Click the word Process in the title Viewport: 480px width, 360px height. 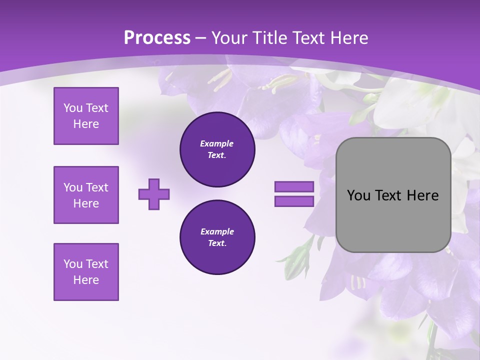pyautogui.click(x=157, y=38)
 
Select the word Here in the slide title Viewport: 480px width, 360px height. pyautogui.click(x=346, y=38)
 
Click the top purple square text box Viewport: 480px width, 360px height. pyautogui.click(x=86, y=116)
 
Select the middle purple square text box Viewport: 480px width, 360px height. pyautogui.click(x=86, y=195)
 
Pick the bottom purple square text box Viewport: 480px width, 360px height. pyautogui.click(x=86, y=272)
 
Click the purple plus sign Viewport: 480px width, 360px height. pyautogui.click(x=154, y=194)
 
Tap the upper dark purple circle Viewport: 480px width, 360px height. pyautogui.click(x=217, y=149)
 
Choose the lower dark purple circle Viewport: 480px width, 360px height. pyautogui.click(x=217, y=237)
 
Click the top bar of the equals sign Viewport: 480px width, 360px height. pyautogui.click(x=294, y=187)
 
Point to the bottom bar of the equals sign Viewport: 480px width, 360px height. pyautogui.click(x=294, y=201)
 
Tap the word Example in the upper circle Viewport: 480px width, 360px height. pyautogui.click(x=217, y=143)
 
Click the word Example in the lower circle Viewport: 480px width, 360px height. pyautogui.click(x=217, y=231)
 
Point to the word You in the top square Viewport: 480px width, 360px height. pyautogui.click(x=73, y=108)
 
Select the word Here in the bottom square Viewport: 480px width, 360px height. pyautogui.click(x=86, y=280)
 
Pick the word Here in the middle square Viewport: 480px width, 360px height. pyautogui.click(x=86, y=203)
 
